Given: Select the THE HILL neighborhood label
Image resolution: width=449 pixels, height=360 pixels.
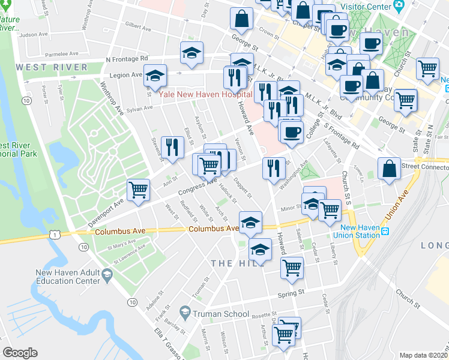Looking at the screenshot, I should (230, 263).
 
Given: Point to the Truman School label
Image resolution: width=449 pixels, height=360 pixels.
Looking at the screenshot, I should (220, 314).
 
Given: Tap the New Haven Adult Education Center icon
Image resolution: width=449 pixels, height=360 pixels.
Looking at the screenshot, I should (107, 275).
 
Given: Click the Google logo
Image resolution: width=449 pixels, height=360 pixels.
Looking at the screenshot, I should (20, 353).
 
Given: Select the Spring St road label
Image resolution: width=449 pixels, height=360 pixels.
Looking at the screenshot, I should (292, 294).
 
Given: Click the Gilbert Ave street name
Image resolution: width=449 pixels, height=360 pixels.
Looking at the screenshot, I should (137, 28).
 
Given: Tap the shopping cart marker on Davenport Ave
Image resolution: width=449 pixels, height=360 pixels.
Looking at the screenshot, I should (138, 190).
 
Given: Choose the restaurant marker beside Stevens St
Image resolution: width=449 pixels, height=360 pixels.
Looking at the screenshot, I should (172, 147).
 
